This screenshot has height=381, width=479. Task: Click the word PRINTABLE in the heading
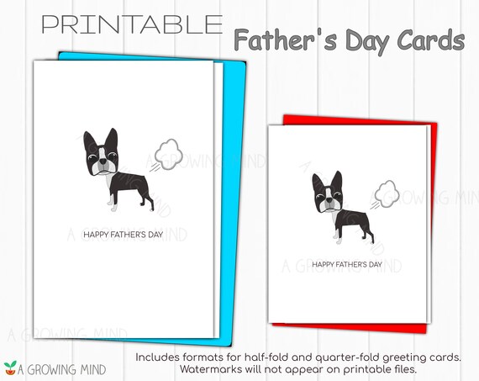132,24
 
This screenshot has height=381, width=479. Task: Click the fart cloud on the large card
166,155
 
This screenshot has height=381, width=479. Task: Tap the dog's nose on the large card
103,161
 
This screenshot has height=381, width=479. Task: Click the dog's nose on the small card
329,200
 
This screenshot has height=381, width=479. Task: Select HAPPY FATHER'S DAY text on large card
124,235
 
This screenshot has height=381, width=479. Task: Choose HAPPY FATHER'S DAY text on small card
347,264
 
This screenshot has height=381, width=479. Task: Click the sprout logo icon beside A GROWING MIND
10,368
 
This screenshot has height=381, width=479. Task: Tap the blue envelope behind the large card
234,198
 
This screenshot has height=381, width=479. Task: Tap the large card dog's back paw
152,209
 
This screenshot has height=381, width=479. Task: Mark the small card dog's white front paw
338,241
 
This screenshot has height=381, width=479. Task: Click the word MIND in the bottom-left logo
93,370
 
